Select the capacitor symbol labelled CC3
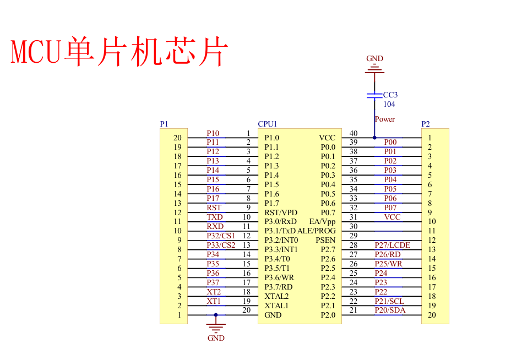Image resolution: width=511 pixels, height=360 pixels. click(374, 96)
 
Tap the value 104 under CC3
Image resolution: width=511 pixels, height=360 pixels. click(389, 104)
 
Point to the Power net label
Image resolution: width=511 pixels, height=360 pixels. click(384, 119)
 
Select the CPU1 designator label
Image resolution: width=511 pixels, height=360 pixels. click(268, 124)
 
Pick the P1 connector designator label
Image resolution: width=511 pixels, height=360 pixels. click(164, 124)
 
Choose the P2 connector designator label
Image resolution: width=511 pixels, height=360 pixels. click(426, 124)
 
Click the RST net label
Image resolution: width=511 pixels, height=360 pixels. click(214, 208)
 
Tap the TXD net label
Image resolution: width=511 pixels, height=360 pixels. click(215, 217)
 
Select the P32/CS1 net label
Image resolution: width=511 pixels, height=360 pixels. click(221, 236)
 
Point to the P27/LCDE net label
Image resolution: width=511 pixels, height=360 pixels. click(392, 245)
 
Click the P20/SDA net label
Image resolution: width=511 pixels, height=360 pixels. click(390, 310)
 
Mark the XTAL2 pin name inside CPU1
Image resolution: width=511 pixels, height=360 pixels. click(276, 296)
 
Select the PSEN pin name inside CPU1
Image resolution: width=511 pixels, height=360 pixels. click(325, 240)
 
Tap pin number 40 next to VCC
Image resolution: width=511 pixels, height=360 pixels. click(354, 133)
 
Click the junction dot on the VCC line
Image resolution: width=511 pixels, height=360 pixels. click(374, 138)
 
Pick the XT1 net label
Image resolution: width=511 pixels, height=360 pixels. click(214, 301)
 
